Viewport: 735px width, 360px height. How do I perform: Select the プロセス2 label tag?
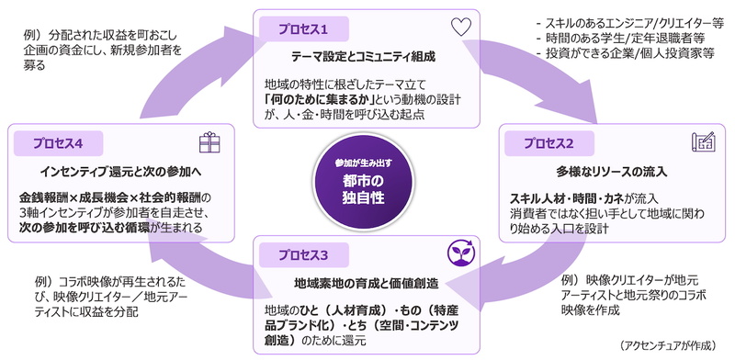click(x=548, y=143)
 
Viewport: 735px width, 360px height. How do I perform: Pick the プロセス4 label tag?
click(x=58, y=143)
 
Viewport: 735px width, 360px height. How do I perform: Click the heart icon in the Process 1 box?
click(x=461, y=28)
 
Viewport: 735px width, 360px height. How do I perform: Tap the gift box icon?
click(x=209, y=142)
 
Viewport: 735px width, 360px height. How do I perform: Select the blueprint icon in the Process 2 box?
click(x=703, y=141)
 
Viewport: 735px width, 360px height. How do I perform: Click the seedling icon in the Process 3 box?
click(x=461, y=253)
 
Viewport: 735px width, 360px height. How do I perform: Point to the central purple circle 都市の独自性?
click(x=363, y=183)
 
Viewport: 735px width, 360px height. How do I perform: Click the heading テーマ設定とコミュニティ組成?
click(x=363, y=57)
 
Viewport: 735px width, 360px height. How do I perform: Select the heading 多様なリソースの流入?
click(x=612, y=172)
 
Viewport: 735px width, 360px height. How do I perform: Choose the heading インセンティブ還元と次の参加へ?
click(x=120, y=172)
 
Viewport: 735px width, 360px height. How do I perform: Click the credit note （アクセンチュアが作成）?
click(x=668, y=345)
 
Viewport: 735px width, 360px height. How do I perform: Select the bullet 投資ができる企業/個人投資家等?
click(x=626, y=53)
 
